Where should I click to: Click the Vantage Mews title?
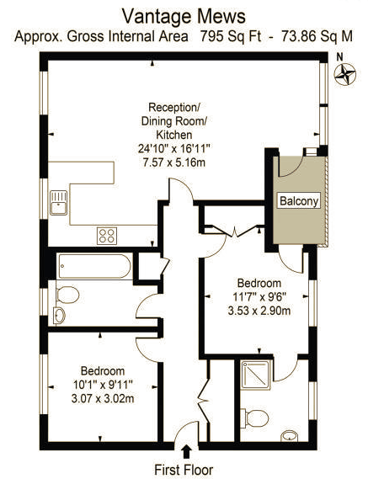click(184, 16)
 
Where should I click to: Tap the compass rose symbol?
click(345, 74)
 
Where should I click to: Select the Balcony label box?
click(299, 200)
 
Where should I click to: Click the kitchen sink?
click(58, 203)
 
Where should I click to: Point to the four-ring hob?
click(107, 236)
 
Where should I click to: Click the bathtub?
click(95, 266)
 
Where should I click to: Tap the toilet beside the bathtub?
click(67, 295)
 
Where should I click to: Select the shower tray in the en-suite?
click(255, 375)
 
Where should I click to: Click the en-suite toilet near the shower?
click(254, 418)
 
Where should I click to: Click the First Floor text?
click(184, 470)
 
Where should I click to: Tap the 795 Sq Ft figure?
click(231, 36)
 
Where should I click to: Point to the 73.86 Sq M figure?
click(317, 36)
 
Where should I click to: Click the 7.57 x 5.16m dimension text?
click(174, 162)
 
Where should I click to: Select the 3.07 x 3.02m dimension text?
click(103, 399)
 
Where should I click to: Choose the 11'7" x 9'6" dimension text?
click(259, 297)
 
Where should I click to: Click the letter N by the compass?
click(339, 56)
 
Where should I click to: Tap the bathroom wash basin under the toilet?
click(59, 316)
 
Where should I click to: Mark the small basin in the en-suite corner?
click(289, 436)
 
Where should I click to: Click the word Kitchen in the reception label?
click(174, 135)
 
